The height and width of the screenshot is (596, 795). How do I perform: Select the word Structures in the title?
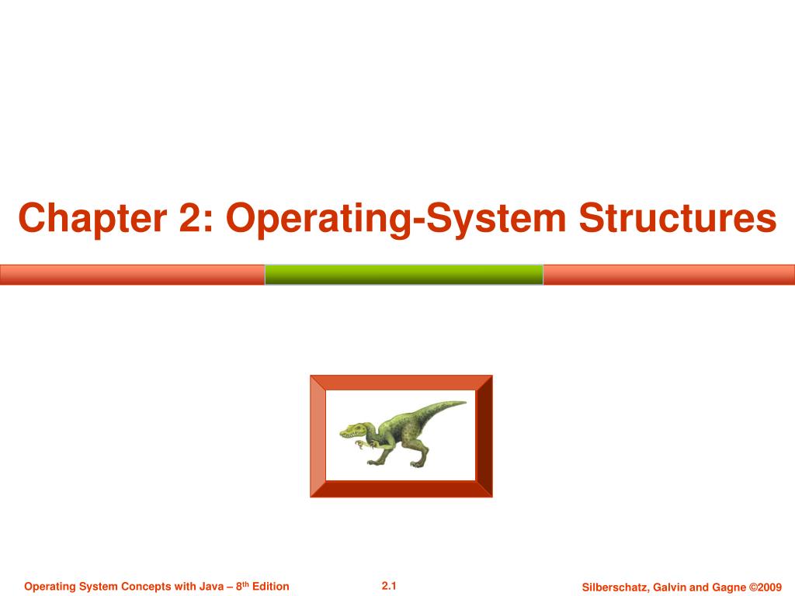click(x=678, y=219)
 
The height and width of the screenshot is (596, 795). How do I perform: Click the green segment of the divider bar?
click(x=404, y=275)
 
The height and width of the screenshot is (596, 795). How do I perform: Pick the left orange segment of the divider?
click(x=132, y=275)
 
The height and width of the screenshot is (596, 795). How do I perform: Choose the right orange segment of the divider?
click(x=668, y=275)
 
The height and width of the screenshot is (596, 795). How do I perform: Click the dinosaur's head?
click(x=353, y=430)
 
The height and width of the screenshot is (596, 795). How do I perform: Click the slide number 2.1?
click(x=389, y=586)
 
